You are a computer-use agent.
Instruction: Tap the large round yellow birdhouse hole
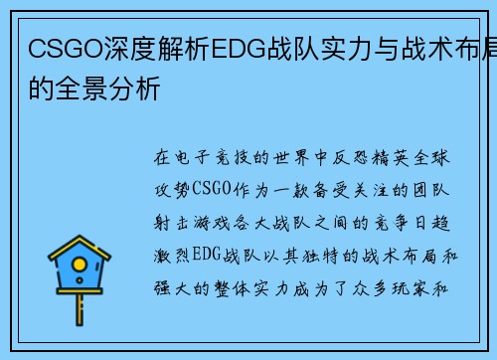80,270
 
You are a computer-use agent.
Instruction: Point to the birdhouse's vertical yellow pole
80,314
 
